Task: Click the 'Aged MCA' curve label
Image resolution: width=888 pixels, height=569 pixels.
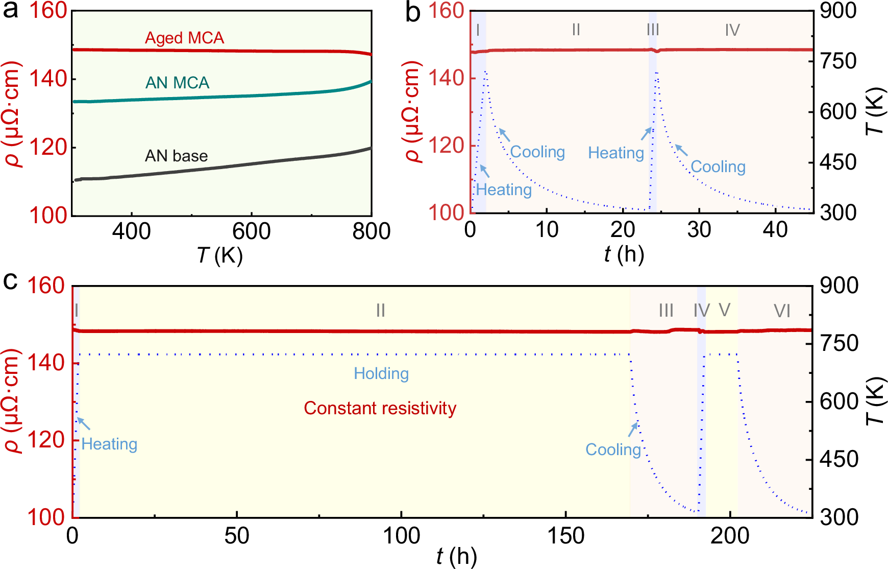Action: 184,38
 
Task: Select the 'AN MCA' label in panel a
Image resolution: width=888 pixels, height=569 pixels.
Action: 177,83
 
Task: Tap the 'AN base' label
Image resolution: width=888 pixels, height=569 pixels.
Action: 176,156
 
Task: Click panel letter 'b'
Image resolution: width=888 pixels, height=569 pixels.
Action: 412,12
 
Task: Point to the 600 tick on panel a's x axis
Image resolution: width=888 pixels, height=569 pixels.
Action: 251,231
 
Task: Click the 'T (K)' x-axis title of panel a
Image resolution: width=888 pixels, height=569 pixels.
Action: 219,254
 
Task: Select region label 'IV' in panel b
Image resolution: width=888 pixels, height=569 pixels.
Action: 732,30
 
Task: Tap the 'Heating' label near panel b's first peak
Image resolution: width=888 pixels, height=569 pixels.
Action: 504,189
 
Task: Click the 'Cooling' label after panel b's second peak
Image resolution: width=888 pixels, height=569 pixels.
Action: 718,167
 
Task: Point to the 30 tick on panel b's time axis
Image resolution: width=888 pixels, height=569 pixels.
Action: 699,230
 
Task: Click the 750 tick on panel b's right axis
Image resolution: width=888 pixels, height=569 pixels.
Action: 838,61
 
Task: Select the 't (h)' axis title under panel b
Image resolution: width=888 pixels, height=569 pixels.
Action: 624,254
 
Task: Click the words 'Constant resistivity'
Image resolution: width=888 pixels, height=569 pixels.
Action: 380,408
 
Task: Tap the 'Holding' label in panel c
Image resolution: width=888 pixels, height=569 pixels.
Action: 381,373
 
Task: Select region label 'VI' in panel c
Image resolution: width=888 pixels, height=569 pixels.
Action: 781,311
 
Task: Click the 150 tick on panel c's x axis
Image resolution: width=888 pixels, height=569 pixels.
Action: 565,536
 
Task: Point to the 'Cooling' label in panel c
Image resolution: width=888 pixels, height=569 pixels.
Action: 612,449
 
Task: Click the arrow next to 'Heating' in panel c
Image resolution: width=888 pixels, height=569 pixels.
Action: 84,423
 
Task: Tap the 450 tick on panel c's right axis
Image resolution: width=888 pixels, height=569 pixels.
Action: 839,459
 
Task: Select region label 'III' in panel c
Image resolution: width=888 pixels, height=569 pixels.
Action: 665,311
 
